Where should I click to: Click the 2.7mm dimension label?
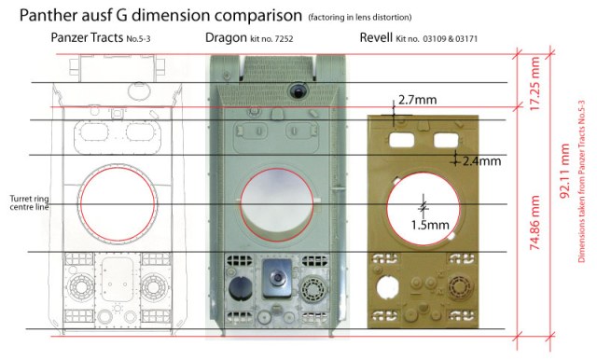pos(417,100)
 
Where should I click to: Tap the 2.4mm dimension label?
pos(481,161)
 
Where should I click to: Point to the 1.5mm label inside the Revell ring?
pos(430,225)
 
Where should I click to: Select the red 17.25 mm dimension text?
pos(535,84)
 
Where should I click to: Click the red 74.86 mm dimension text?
pos(535,223)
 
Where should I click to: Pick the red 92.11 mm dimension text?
pos(565,171)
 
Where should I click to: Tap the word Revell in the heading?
pos(376,37)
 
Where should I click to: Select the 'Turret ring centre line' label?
pos(29,202)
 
